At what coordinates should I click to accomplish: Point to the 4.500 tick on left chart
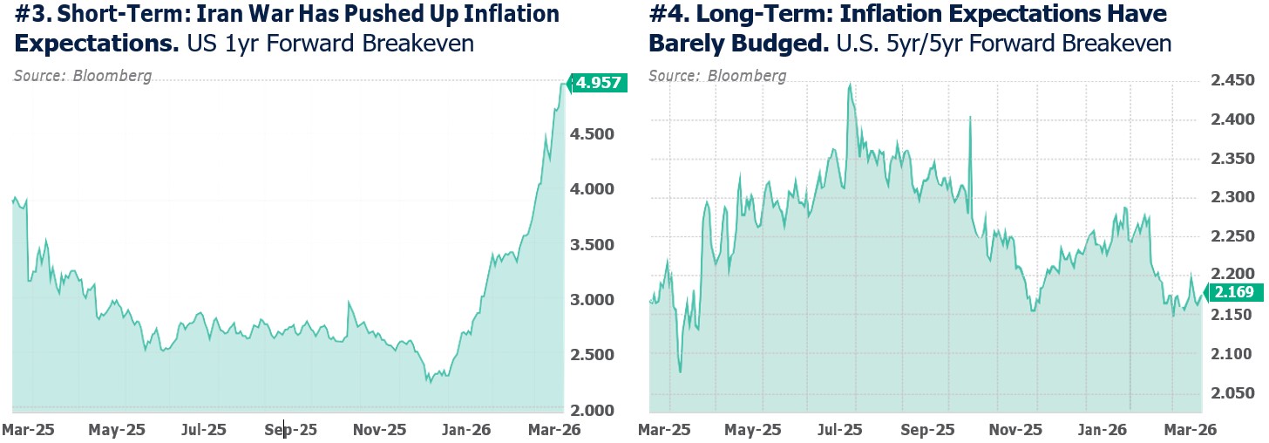[594, 134]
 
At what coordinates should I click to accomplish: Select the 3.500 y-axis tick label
[594, 244]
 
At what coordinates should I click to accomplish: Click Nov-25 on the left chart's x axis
[380, 429]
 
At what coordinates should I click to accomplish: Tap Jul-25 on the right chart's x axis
[842, 429]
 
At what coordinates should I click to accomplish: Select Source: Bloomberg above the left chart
[83, 76]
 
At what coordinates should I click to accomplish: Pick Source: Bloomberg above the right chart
[717, 76]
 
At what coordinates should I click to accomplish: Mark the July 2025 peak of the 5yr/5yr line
[849, 85]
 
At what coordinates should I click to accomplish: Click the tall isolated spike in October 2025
[970, 117]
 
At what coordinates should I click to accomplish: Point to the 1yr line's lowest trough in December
[429, 381]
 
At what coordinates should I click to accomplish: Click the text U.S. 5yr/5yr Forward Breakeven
[1003, 43]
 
